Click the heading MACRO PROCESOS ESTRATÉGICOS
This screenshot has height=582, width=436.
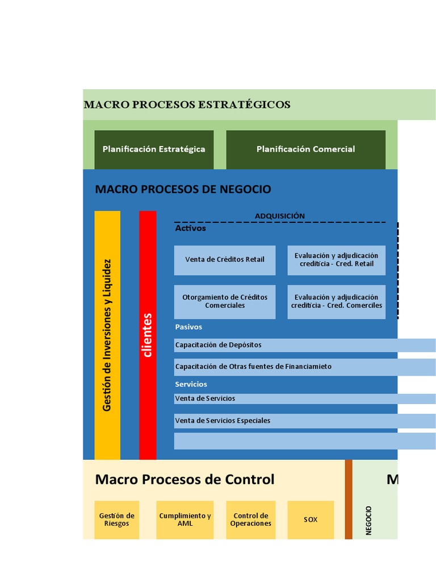(187, 105)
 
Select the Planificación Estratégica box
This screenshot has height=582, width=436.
(154, 149)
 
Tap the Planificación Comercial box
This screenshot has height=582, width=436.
(305, 149)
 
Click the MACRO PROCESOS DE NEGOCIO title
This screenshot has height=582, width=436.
(183, 189)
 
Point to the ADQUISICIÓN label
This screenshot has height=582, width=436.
(279, 216)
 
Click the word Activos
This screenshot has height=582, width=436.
(190, 228)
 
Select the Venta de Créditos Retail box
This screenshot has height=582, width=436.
(225, 260)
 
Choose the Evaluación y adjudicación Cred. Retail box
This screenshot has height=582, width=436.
(336, 260)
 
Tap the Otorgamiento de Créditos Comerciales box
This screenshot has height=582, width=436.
(225, 301)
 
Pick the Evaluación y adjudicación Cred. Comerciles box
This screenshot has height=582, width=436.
(336, 301)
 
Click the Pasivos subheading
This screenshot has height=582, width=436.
(188, 327)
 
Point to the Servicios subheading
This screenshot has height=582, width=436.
(191, 385)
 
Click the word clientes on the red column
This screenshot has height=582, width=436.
(148, 335)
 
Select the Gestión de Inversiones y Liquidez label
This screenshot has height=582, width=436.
(107, 335)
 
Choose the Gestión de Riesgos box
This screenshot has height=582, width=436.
(116, 519)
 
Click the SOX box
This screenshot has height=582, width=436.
(311, 519)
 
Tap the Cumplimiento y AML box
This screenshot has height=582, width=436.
(185, 519)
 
